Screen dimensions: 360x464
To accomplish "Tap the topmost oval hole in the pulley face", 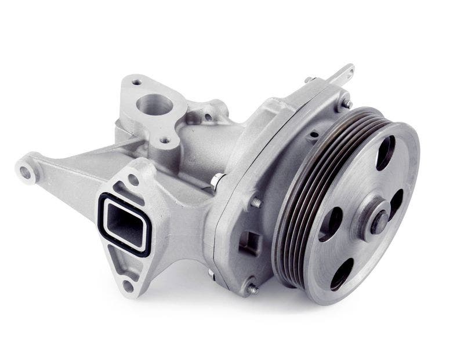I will click(x=385, y=152).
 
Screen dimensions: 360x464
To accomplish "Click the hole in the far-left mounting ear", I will click(x=26, y=171).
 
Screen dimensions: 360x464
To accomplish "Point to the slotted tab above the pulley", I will click(x=343, y=75).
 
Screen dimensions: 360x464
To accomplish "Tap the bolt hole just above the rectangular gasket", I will click(x=133, y=180).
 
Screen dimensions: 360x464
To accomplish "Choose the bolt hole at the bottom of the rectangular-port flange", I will click(x=128, y=285).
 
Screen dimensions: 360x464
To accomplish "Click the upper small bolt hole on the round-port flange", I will click(x=136, y=82).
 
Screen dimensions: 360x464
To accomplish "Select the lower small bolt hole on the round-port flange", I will click(x=165, y=140).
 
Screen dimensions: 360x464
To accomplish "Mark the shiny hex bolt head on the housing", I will click(x=215, y=181).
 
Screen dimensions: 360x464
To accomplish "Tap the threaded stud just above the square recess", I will click(x=255, y=203).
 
